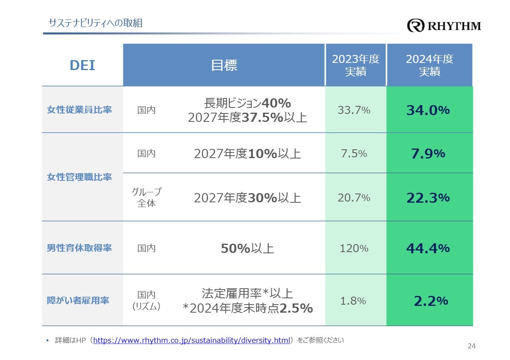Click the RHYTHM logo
(x=444, y=26)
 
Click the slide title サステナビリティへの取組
(x=95, y=23)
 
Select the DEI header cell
(x=82, y=65)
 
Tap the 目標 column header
(x=224, y=65)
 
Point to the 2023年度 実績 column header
(x=355, y=65)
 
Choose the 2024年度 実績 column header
(x=430, y=65)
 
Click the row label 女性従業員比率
(x=79, y=110)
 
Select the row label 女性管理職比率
(x=79, y=177)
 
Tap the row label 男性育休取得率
(x=79, y=248)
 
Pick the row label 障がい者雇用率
(x=78, y=300)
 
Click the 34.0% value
(x=428, y=110)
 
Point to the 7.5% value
(x=354, y=154)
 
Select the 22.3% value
(x=428, y=198)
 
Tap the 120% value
(x=354, y=248)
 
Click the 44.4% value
(x=428, y=248)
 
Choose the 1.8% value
(x=353, y=301)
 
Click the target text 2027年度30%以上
(x=247, y=198)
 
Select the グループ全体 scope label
(x=147, y=198)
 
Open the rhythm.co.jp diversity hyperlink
(x=191, y=341)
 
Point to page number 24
(x=471, y=346)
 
